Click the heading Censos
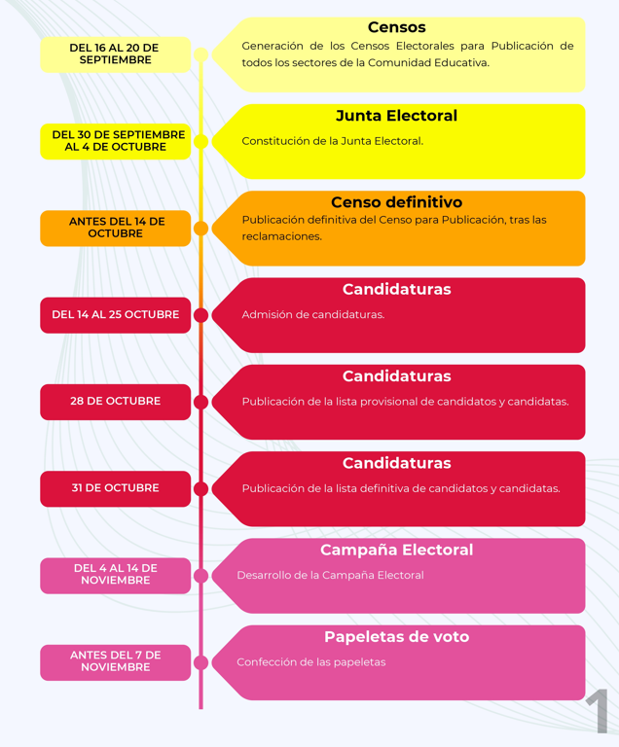(396, 27)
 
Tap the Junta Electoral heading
(396, 116)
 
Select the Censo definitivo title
(396, 202)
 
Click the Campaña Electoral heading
(396, 550)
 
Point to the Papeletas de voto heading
(396, 637)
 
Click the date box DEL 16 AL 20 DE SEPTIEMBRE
(115, 54)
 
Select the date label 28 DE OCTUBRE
(115, 402)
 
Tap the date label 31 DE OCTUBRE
(115, 488)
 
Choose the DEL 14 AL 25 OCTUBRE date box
(115, 315)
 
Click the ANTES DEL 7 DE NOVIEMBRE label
(115, 662)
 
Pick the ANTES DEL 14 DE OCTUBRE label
(115, 229)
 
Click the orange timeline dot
(200, 229)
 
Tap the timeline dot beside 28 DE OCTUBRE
(200, 402)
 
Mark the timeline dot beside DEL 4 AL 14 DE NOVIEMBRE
(200, 576)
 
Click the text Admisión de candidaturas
(312, 315)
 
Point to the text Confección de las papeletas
(311, 662)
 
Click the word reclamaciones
(282, 236)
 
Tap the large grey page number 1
(597, 711)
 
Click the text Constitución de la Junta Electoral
(333, 141)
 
